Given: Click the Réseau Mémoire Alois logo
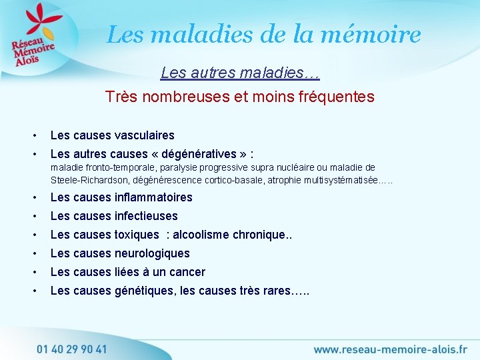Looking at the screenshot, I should tap(33, 39).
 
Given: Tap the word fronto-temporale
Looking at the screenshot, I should tap(114, 167).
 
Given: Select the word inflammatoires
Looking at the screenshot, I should tap(153, 197).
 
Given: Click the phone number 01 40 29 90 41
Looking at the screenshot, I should tap(71, 349).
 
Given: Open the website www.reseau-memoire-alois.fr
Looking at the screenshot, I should tap(390, 349).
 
